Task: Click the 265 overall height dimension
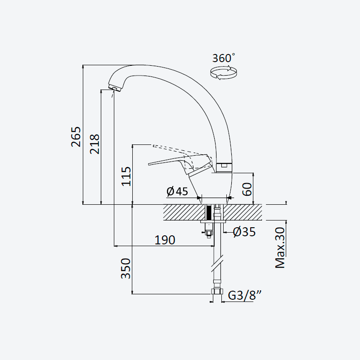[x=76, y=137]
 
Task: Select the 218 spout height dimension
[x=94, y=144]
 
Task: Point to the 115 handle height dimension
[x=126, y=176]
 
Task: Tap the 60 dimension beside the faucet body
[x=247, y=189]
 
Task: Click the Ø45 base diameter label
[x=177, y=191]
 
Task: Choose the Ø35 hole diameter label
[x=244, y=232]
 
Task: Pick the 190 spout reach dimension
[x=165, y=240]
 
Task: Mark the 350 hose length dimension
[x=126, y=269]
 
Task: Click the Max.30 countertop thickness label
[x=280, y=248]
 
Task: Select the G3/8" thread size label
[x=245, y=295]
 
